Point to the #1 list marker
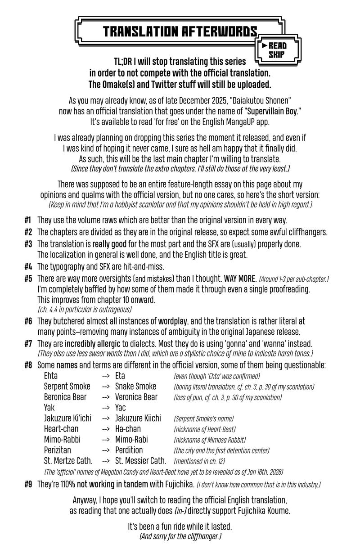(x=28, y=220)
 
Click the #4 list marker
(x=28, y=266)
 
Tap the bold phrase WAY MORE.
(x=244, y=279)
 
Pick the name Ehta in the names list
(x=51, y=376)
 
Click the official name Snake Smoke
(x=136, y=387)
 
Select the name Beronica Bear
(x=65, y=397)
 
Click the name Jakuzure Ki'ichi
(x=67, y=418)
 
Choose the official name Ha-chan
(x=128, y=429)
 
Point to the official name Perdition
(x=129, y=450)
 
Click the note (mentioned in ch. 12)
(x=199, y=461)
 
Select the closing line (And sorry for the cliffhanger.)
(x=180, y=537)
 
